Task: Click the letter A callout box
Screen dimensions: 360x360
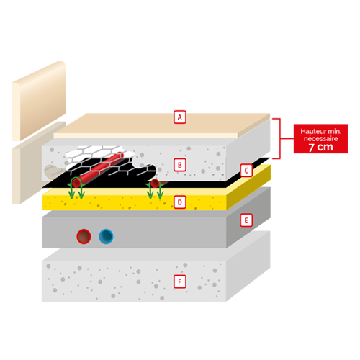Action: (180, 117)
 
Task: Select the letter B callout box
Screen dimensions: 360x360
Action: (180, 165)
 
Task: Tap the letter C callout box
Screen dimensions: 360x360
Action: (246, 171)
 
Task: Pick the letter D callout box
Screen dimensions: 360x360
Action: (180, 202)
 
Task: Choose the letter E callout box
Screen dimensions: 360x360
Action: (246, 220)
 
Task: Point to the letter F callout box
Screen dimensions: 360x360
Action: (180, 282)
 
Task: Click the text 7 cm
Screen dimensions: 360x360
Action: (321, 147)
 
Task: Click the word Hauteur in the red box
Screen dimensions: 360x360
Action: (312, 132)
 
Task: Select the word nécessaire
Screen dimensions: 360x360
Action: (321, 138)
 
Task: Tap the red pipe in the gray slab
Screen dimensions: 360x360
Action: (84, 236)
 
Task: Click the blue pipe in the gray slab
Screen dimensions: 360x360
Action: (106, 236)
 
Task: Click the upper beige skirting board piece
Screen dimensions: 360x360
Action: (38, 101)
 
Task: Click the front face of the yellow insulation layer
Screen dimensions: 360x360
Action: (135, 202)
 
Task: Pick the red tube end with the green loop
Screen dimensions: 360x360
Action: (76, 183)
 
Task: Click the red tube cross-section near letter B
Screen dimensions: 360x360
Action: (155, 183)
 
